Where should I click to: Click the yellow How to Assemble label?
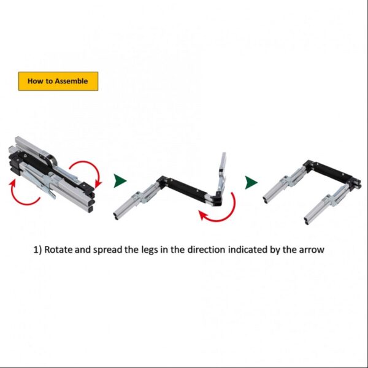(58, 81)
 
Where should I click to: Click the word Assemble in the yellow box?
(71, 81)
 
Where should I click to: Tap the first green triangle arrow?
(120, 181)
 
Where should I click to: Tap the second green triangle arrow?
(251, 182)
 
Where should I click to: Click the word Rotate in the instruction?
(58, 250)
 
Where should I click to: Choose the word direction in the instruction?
(206, 250)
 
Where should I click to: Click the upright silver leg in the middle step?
(222, 171)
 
